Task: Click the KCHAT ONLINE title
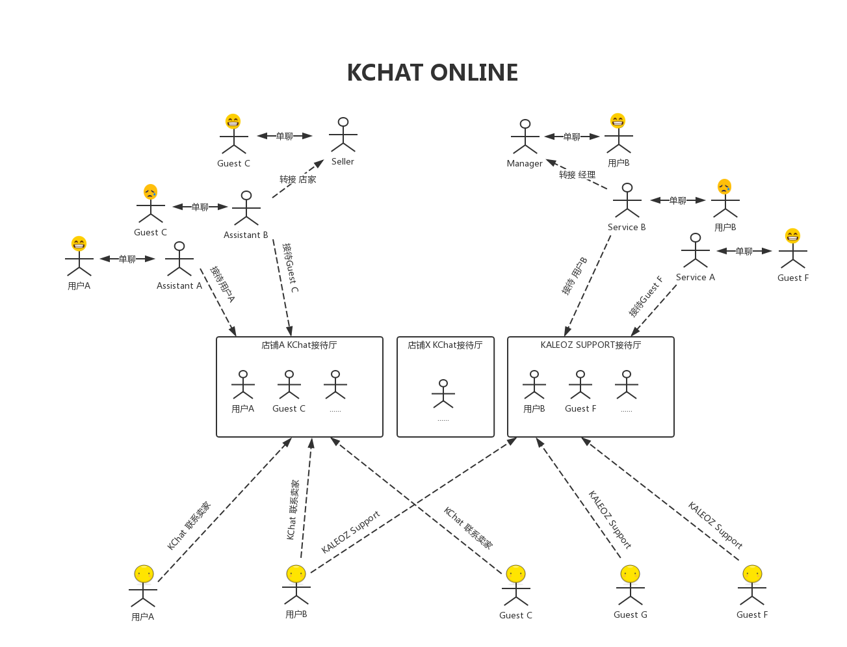(432, 73)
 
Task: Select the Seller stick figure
(343, 135)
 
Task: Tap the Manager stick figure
(525, 137)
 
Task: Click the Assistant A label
(179, 285)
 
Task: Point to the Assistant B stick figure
(246, 208)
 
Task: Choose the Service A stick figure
(696, 250)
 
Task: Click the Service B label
(627, 227)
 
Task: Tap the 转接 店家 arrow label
(298, 179)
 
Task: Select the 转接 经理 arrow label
(577, 175)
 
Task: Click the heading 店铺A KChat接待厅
(299, 345)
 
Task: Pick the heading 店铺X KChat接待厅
(445, 345)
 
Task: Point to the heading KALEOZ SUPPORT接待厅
(591, 345)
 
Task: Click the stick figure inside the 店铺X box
(443, 394)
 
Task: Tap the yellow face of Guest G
(630, 574)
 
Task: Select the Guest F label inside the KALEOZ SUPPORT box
(580, 408)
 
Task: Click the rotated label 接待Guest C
(291, 268)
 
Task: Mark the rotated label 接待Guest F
(645, 297)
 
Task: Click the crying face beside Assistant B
(150, 192)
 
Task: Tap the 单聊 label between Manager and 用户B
(572, 137)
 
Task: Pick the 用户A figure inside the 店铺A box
(243, 385)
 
